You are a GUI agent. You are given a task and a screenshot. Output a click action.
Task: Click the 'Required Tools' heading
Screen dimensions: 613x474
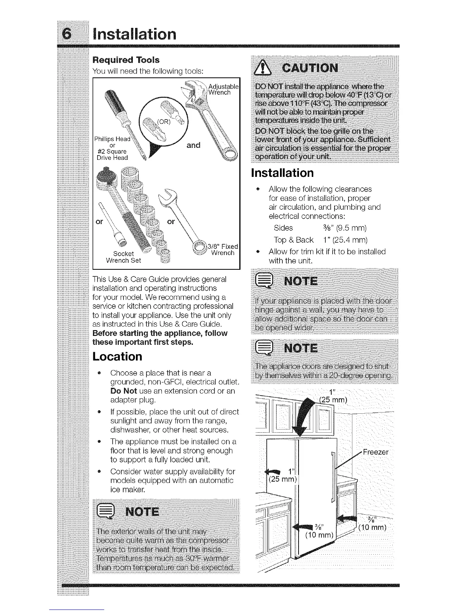click(126, 60)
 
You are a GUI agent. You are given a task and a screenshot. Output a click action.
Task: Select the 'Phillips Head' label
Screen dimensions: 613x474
click(113, 139)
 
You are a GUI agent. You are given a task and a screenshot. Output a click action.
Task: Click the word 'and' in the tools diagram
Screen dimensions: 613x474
click(193, 146)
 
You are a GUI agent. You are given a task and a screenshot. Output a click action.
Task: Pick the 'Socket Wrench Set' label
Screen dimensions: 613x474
click(124, 257)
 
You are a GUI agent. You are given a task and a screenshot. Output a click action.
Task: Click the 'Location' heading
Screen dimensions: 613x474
click(117, 356)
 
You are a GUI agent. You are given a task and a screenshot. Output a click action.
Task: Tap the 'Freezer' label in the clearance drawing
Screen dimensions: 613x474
click(375, 452)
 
